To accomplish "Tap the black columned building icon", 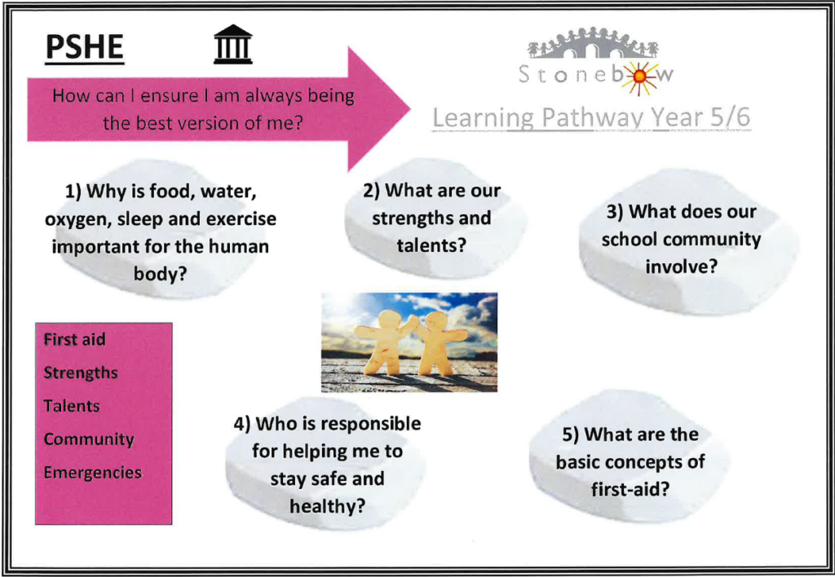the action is click(x=232, y=45).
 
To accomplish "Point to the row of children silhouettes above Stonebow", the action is click(x=593, y=42).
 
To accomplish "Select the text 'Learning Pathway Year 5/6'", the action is click(x=591, y=117).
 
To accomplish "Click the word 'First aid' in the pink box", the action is click(x=74, y=340).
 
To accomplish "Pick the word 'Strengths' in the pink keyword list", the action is click(x=81, y=372).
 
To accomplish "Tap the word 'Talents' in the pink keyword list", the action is click(x=72, y=406).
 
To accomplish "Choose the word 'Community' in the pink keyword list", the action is click(x=88, y=439).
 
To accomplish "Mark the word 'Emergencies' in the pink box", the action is click(x=93, y=473).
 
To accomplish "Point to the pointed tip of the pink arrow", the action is click(x=410, y=109).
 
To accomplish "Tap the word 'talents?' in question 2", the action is click(x=431, y=245).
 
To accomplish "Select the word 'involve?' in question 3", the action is click(x=681, y=266).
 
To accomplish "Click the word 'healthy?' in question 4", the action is click(x=328, y=505).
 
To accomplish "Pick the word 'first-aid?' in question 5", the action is click(x=630, y=489).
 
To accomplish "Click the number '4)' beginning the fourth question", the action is click(x=241, y=425).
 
